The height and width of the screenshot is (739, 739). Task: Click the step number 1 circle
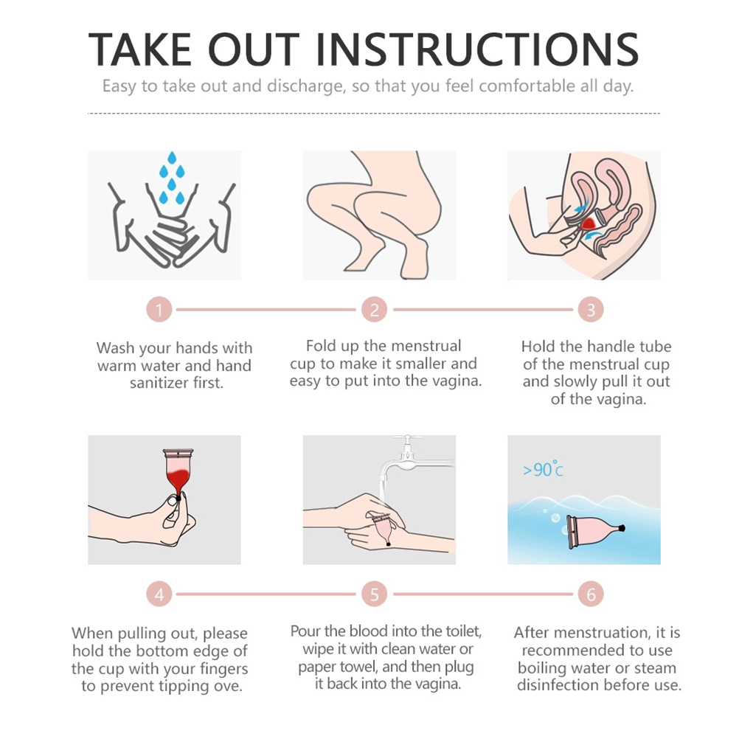(x=159, y=310)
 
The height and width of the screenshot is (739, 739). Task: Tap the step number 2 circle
(x=374, y=310)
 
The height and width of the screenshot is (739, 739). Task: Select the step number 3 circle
(x=591, y=310)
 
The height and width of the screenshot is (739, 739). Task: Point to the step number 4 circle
(x=159, y=594)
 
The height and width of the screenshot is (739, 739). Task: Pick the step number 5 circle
(x=374, y=594)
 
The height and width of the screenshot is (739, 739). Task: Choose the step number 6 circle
(x=591, y=594)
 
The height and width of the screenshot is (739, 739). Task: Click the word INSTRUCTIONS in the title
(x=477, y=49)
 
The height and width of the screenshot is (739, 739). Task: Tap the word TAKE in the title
(x=140, y=49)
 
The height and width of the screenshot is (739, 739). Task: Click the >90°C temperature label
(x=543, y=469)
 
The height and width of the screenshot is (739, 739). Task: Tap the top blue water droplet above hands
(x=172, y=158)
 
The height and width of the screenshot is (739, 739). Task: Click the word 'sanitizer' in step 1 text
(x=159, y=383)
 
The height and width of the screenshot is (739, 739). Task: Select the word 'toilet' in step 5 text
(x=464, y=631)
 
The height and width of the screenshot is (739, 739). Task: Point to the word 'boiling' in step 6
(x=541, y=668)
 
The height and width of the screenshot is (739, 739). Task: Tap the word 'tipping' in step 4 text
(x=184, y=687)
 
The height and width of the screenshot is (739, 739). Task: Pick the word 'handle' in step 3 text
(x=606, y=347)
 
